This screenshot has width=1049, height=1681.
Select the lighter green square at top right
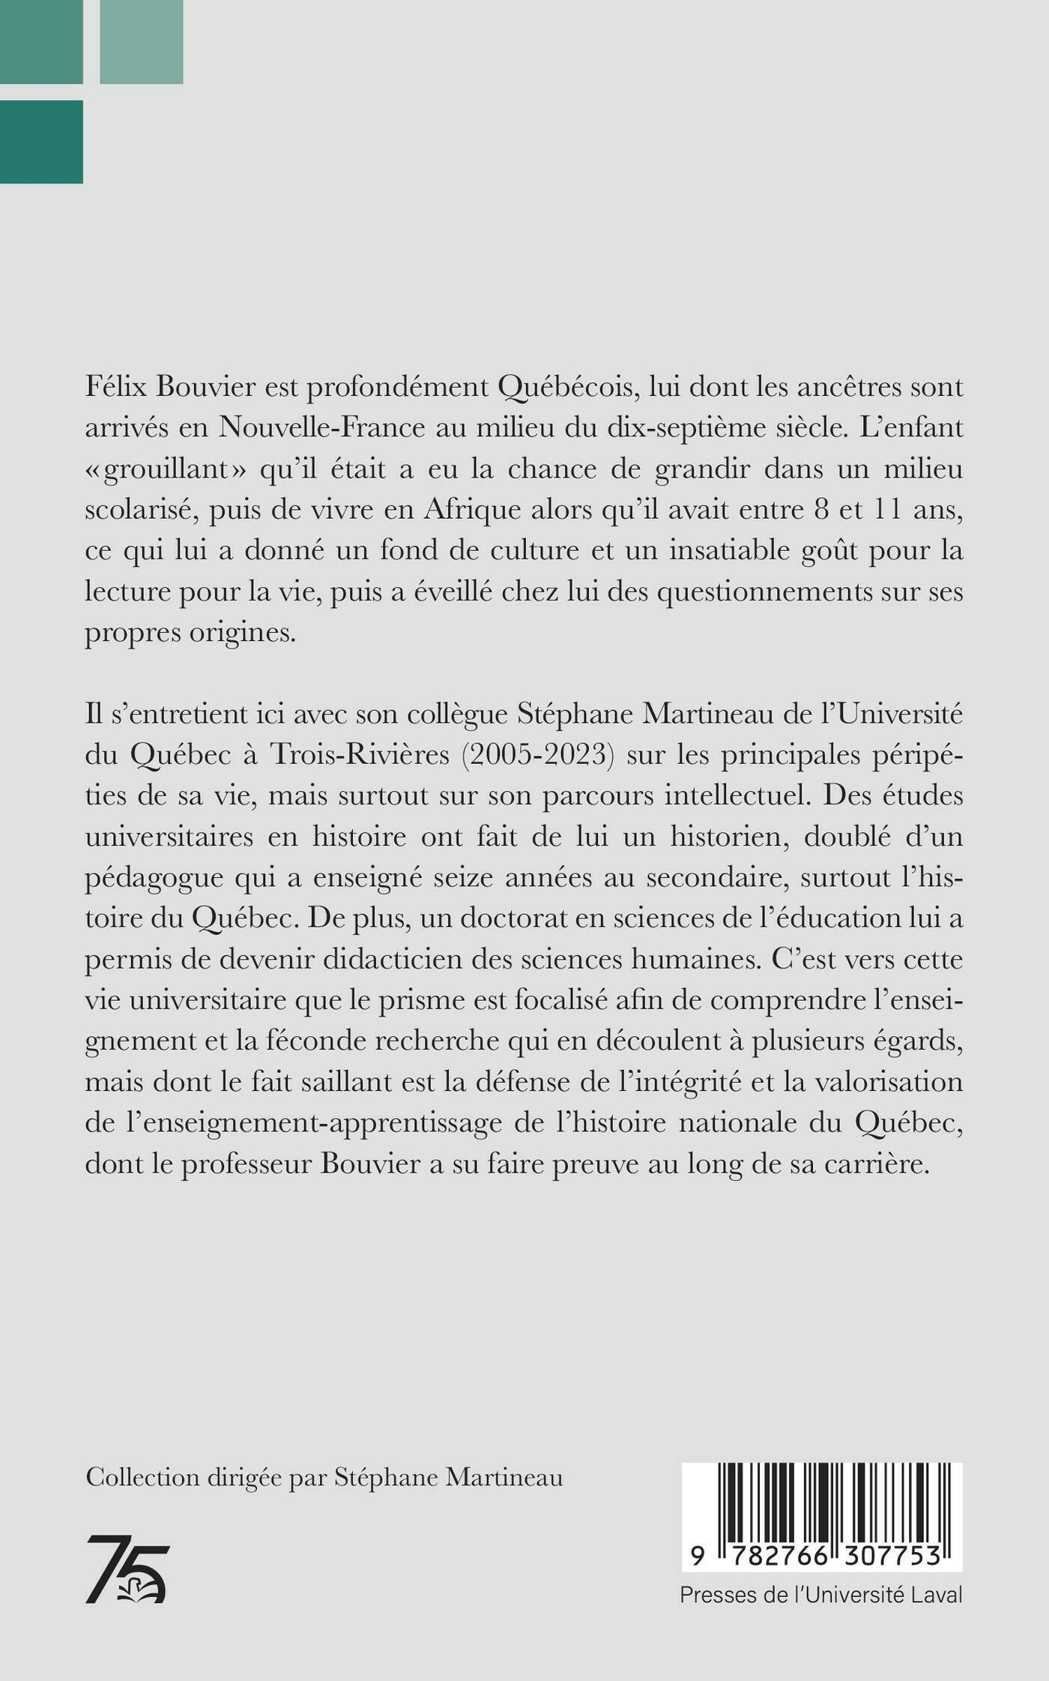pos(141,42)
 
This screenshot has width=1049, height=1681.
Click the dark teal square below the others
pos(41,142)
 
